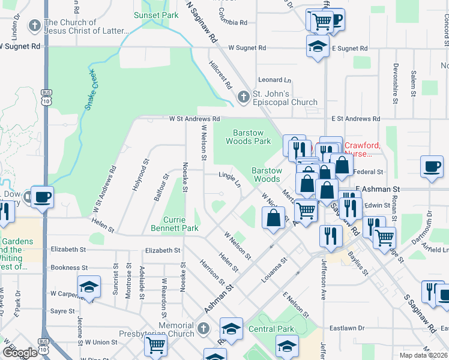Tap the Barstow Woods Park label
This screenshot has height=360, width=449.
[248, 137]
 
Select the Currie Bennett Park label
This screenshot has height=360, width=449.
[182, 224]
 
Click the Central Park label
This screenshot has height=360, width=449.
[271, 329]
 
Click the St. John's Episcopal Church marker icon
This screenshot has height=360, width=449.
[243, 96]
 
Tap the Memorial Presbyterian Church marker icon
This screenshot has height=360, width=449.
[203, 329]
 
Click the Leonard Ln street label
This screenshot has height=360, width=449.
[274, 80]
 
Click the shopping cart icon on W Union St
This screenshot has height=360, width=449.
[155, 345]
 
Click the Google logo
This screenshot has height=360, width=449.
[20, 352]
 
